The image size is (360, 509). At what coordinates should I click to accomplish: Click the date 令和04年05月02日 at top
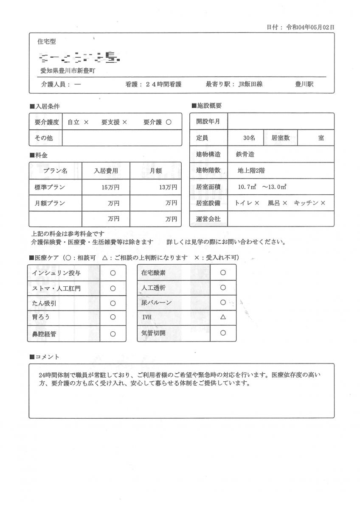[x=310, y=27]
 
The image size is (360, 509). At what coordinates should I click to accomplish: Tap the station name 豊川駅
[x=304, y=84]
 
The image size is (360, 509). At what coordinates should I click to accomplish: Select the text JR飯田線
[x=250, y=84]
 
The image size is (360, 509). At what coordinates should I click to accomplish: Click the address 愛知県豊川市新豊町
[x=67, y=71]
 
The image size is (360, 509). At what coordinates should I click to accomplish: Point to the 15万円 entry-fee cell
[x=110, y=187]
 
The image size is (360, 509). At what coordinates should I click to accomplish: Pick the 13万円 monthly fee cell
[x=168, y=187]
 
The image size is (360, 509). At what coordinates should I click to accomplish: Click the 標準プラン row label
[x=50, y=187]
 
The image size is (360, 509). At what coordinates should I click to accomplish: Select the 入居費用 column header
[x=106, y=171]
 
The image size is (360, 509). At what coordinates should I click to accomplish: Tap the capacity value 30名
[x=249, y=138]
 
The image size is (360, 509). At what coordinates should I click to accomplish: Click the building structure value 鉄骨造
[x=245, y=154]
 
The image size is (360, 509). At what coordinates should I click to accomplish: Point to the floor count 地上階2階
[x=251, y=171]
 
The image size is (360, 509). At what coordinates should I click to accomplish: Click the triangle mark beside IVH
[x=223, y=317]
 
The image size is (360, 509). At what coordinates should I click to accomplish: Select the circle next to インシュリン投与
[x=113, y=273]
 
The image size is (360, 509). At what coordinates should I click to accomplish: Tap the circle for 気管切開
[x=223, y=333]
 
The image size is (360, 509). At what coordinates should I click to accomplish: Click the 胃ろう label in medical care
[x=41, y=317]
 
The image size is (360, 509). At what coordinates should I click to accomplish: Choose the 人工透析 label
[x=153, y=288]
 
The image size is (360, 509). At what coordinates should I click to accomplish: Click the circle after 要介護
[x=169, y=122]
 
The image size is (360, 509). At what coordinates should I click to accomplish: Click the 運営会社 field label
[x=208, y=219]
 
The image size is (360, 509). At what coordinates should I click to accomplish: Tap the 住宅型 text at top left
[x=47, y=42]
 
